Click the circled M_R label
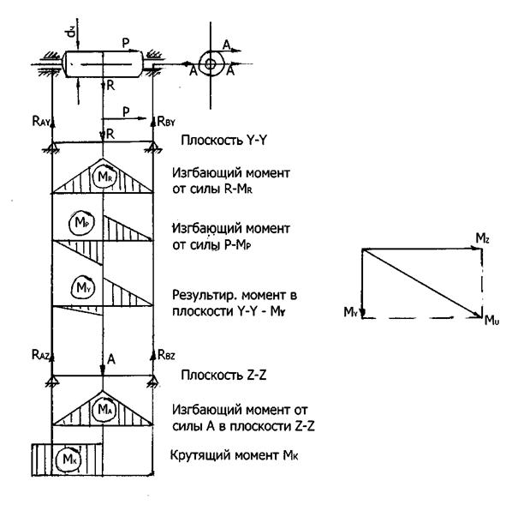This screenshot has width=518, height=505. point(104,177)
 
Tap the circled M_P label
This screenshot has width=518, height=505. point(81,223)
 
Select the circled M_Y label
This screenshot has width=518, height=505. point(83,287)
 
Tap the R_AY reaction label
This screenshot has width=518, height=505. point(41,122)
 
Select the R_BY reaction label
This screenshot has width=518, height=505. point(166,122)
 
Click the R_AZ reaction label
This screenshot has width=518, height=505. point(40,355)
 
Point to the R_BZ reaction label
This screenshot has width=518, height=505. point(166,355)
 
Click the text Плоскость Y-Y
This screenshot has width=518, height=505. point(223,141)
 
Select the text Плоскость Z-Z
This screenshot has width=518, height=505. point(223,376)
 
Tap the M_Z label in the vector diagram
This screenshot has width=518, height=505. point(482,238)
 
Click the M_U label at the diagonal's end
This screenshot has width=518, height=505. point(492,321)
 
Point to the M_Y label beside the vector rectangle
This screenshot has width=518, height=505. point(350,312)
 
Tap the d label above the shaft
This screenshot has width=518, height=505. point(70,33)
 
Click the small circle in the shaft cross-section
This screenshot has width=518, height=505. point(210,63)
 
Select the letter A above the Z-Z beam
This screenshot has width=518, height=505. point(111,359)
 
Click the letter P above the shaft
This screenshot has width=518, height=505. point(126,43)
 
